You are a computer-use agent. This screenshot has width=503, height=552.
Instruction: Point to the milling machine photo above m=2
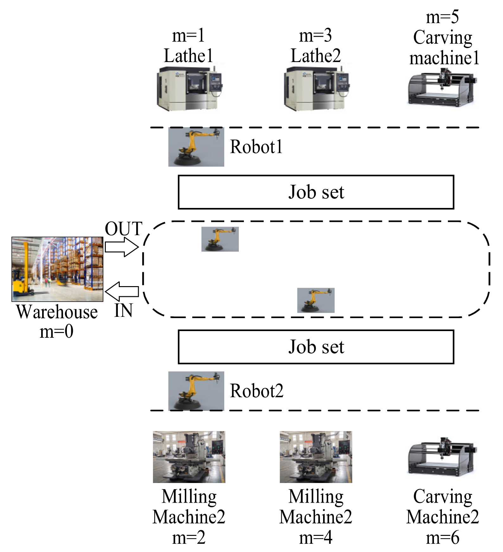(189, 456)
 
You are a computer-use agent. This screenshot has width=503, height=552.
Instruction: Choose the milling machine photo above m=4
(316, 456)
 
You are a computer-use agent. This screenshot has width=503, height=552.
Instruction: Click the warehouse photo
(57, 269)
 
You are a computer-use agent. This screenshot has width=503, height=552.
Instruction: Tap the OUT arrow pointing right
(122, 247)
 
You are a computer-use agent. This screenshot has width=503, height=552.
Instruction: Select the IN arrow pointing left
(122, 291)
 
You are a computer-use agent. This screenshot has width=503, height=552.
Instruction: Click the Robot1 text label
(256, 147)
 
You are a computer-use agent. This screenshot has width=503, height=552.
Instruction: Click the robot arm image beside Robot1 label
(196, 147)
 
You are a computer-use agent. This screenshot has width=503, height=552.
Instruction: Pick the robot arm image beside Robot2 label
(196, 391)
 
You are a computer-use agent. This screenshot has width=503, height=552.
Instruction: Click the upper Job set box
(316, 192)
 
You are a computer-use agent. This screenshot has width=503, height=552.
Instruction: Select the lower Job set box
(316, 347)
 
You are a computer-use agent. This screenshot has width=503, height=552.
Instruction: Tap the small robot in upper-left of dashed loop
(220, 239)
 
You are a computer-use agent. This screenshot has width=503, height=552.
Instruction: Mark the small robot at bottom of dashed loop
(315, 300)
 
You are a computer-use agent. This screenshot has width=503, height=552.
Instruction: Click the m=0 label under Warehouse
(56, 332)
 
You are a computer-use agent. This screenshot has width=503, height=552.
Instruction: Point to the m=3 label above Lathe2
(315, 35)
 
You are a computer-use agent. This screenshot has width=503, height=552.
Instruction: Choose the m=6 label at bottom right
(442, 538)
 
